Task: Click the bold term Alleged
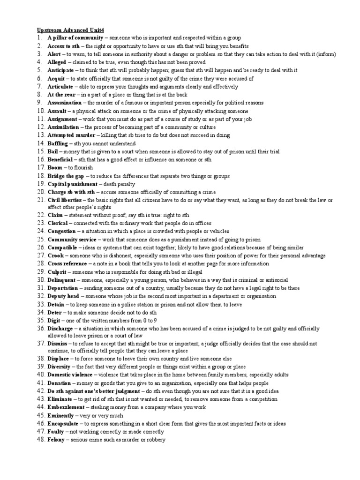click(57, 62)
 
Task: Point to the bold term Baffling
click(58, 143)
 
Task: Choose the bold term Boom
click(55, 168)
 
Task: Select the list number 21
click(40, 200)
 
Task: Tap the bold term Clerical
click(57, 223)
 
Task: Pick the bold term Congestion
click(61, 231)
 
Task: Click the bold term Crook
click(55, 255)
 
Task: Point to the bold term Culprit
click(57, 272)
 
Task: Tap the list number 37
click(40, 344)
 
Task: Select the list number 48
click(40, 440)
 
